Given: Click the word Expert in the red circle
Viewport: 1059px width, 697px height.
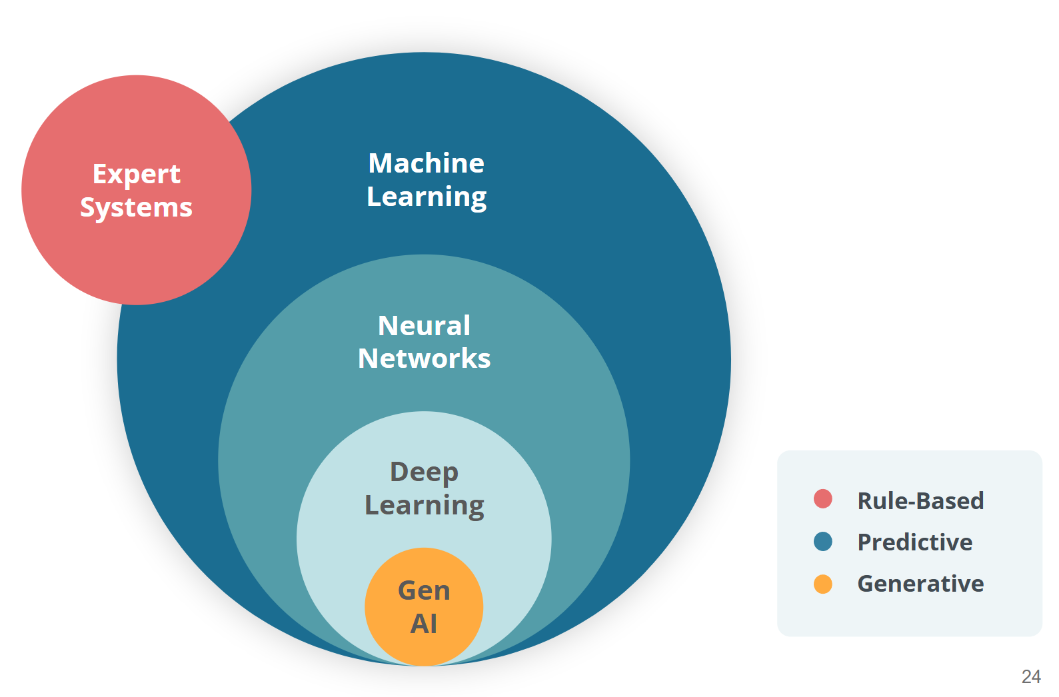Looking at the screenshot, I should (x=136, y=174).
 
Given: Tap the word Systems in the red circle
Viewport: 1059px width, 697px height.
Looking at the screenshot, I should (x=136, y=207).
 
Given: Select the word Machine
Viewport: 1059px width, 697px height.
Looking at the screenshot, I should (x=427, y=163).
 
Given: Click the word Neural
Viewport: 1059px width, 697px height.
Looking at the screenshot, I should (x=424, y=326).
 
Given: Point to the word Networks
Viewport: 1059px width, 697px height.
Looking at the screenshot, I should (x=424, y=358).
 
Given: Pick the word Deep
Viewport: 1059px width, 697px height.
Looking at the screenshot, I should (x=424, y=472).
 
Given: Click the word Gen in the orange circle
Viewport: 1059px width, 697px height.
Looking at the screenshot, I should (x=424, y=590).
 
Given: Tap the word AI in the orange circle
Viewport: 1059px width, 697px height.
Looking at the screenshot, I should (x=424, y=624).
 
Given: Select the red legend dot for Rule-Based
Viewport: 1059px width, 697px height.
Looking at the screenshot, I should (x=823, y=498).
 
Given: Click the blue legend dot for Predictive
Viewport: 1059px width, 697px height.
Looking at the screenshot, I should (x=823, y=542).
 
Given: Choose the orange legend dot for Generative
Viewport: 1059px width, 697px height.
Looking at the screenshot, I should (x=823, y=584).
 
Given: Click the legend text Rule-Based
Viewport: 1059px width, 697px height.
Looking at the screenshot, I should (x=920, y=500).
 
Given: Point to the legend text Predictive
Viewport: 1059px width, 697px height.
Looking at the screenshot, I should (x=914, y=542).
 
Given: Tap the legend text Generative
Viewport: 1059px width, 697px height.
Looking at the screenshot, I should (x=920, y=584).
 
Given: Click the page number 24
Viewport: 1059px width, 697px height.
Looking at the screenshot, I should (x=1030, y=677).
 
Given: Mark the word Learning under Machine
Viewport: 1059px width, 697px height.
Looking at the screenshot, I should (x=427, y=197).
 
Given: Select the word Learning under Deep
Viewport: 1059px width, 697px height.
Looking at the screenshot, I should (x=424, y=506).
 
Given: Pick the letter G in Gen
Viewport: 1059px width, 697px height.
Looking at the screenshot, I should (x=407, y=590).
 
